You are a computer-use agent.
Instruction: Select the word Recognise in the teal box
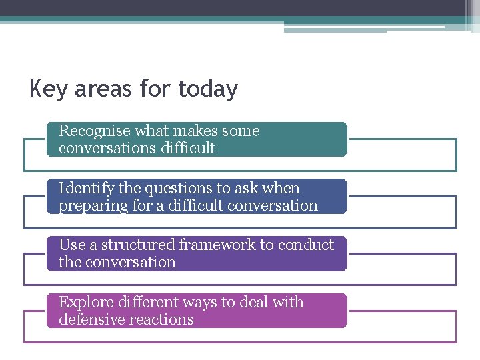[94, 131]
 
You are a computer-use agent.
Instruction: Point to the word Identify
[84, 189]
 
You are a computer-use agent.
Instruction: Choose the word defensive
[92, 320]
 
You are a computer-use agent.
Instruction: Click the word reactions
[162, 320]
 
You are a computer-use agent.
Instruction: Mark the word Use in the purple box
[71, 245]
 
